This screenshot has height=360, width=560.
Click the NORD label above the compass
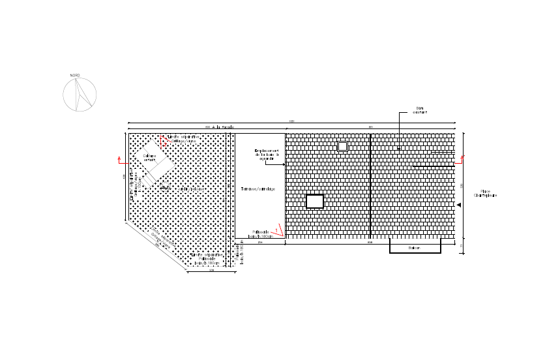76,76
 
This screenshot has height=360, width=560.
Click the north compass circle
80,95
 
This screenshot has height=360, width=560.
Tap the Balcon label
415,248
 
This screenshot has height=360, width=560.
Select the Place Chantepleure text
486,194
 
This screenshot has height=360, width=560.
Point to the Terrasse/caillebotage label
258,189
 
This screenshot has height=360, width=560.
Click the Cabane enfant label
151,157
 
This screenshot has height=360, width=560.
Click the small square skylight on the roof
342,147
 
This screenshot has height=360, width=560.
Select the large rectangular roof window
315,201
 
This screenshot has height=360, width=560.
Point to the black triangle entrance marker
458,205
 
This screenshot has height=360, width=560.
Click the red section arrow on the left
120,160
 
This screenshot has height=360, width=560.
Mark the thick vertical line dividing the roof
370,187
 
